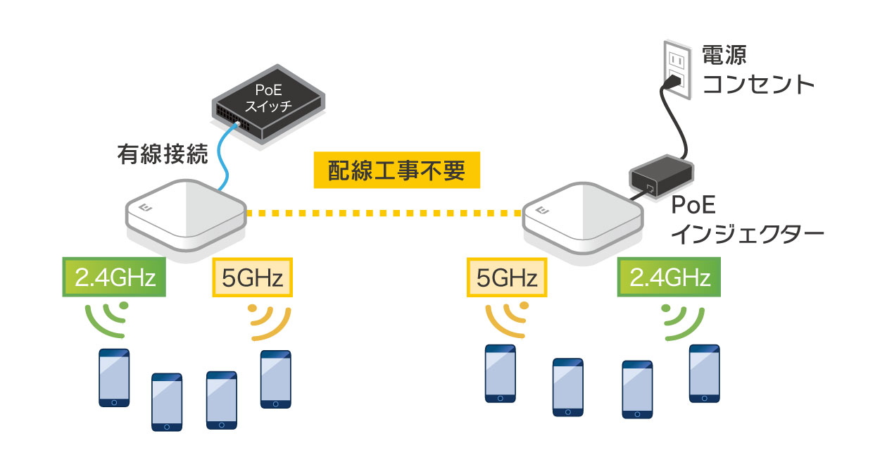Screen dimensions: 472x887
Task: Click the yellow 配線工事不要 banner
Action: [x=396, y=170]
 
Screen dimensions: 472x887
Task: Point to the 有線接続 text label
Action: [x=163, y=154]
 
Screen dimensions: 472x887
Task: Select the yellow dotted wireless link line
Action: [x=385, y=211]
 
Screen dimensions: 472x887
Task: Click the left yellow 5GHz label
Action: [x=252, y=278]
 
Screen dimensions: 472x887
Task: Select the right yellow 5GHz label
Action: [x=507, y=278]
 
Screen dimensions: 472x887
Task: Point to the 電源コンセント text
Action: [x=757, y=70]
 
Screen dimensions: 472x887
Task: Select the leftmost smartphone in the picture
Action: [x=114, y=378]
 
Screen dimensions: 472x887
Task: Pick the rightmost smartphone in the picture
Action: [x=704, y=373]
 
